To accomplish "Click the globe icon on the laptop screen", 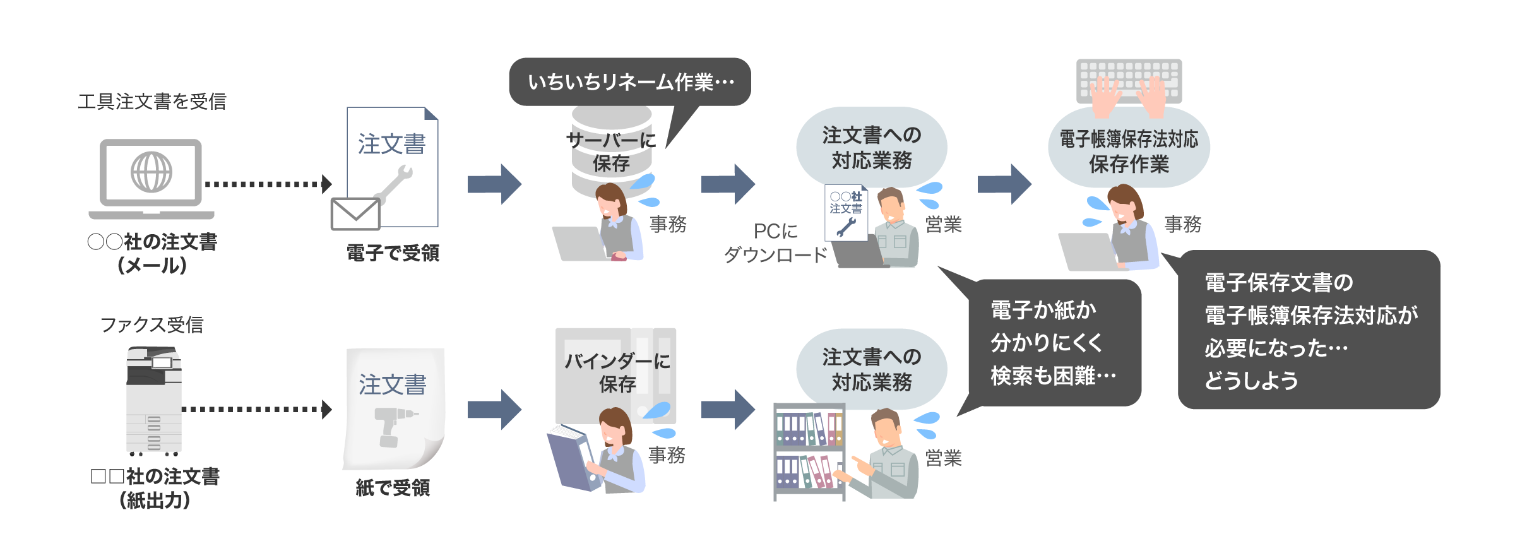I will (151, 172).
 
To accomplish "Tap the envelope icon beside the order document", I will (355, 214).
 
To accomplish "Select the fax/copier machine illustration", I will (154, 400).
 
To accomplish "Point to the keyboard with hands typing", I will (1129, 85).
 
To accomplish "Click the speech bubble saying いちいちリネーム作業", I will (629, 82).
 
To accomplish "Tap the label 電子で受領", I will (393, 253).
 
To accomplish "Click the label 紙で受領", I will (393, 487).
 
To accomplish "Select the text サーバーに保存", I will (611, 151).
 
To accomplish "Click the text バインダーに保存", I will (617, 372).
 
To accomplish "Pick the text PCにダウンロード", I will (776, 243).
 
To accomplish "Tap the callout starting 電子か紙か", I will (1054, 343).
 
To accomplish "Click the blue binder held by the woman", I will (571, 458).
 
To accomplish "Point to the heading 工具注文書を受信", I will (151, 102).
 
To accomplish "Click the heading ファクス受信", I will (151, 324).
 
